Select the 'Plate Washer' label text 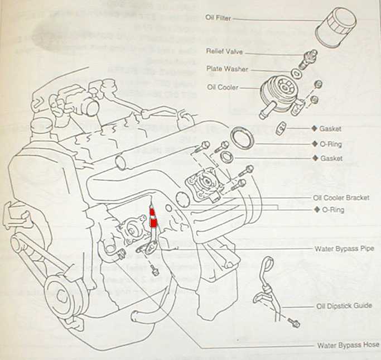227,69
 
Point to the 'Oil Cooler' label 223,87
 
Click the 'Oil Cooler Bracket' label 341,198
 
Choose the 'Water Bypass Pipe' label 344,248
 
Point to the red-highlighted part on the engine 153,217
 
